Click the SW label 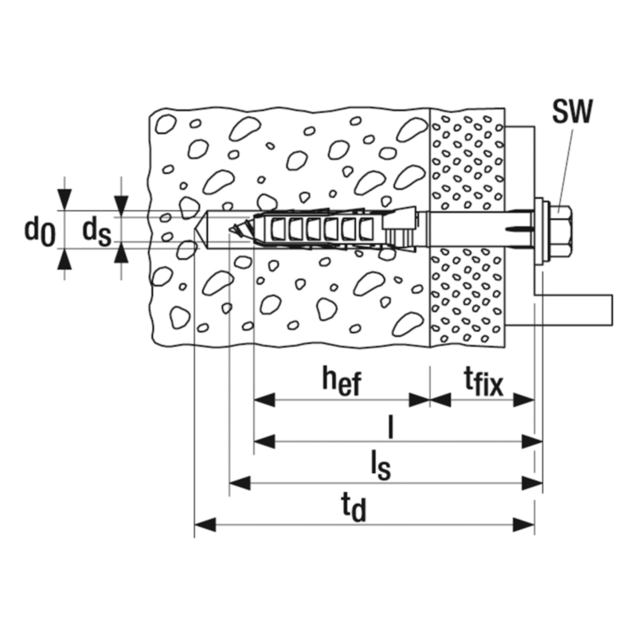click(571, 112)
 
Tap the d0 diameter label click(37, 230)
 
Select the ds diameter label click(96, 230)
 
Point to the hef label click(342, 381)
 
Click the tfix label click(483, 381)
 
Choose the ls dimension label click(381, 464)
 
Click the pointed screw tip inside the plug click(233, 229)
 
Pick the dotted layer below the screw click(467, 295)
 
